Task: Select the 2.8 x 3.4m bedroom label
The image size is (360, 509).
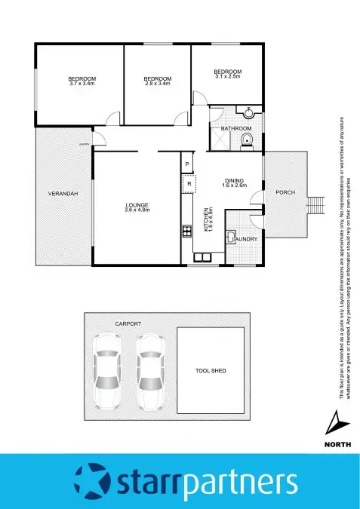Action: click(x=157, y=81)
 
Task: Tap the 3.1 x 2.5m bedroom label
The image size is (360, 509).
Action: click(x=227, y=74)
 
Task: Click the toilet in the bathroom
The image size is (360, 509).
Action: click(x=245, y=143)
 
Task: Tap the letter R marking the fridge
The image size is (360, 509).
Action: click(x=189, y=183)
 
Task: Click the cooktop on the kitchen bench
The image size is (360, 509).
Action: click(x=186, y=231)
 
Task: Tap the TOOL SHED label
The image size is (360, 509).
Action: click(x=211, y=371)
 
